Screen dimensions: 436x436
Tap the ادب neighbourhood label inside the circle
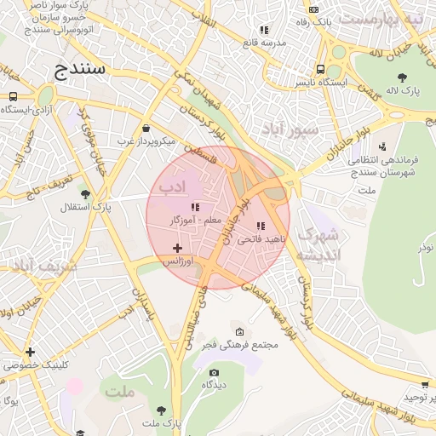[171, 186]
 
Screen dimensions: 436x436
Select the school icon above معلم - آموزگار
[195, 207]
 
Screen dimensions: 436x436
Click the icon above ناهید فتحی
[261, 227]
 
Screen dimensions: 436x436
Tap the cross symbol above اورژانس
[177, 248]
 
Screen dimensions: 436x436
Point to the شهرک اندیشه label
[318, 245]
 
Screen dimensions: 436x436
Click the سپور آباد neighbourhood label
[290, 129]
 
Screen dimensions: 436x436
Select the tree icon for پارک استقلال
[83, 194]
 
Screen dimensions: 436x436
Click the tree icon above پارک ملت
[161, 410]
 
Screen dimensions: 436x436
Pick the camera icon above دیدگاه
[214, 372]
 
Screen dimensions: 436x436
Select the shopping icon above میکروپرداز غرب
[146, 128]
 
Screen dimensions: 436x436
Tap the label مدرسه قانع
[262, 42]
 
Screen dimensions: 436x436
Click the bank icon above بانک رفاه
[313, 9]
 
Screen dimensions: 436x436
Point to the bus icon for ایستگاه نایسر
[319, 70]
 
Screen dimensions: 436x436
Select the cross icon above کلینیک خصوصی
[31, 352]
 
